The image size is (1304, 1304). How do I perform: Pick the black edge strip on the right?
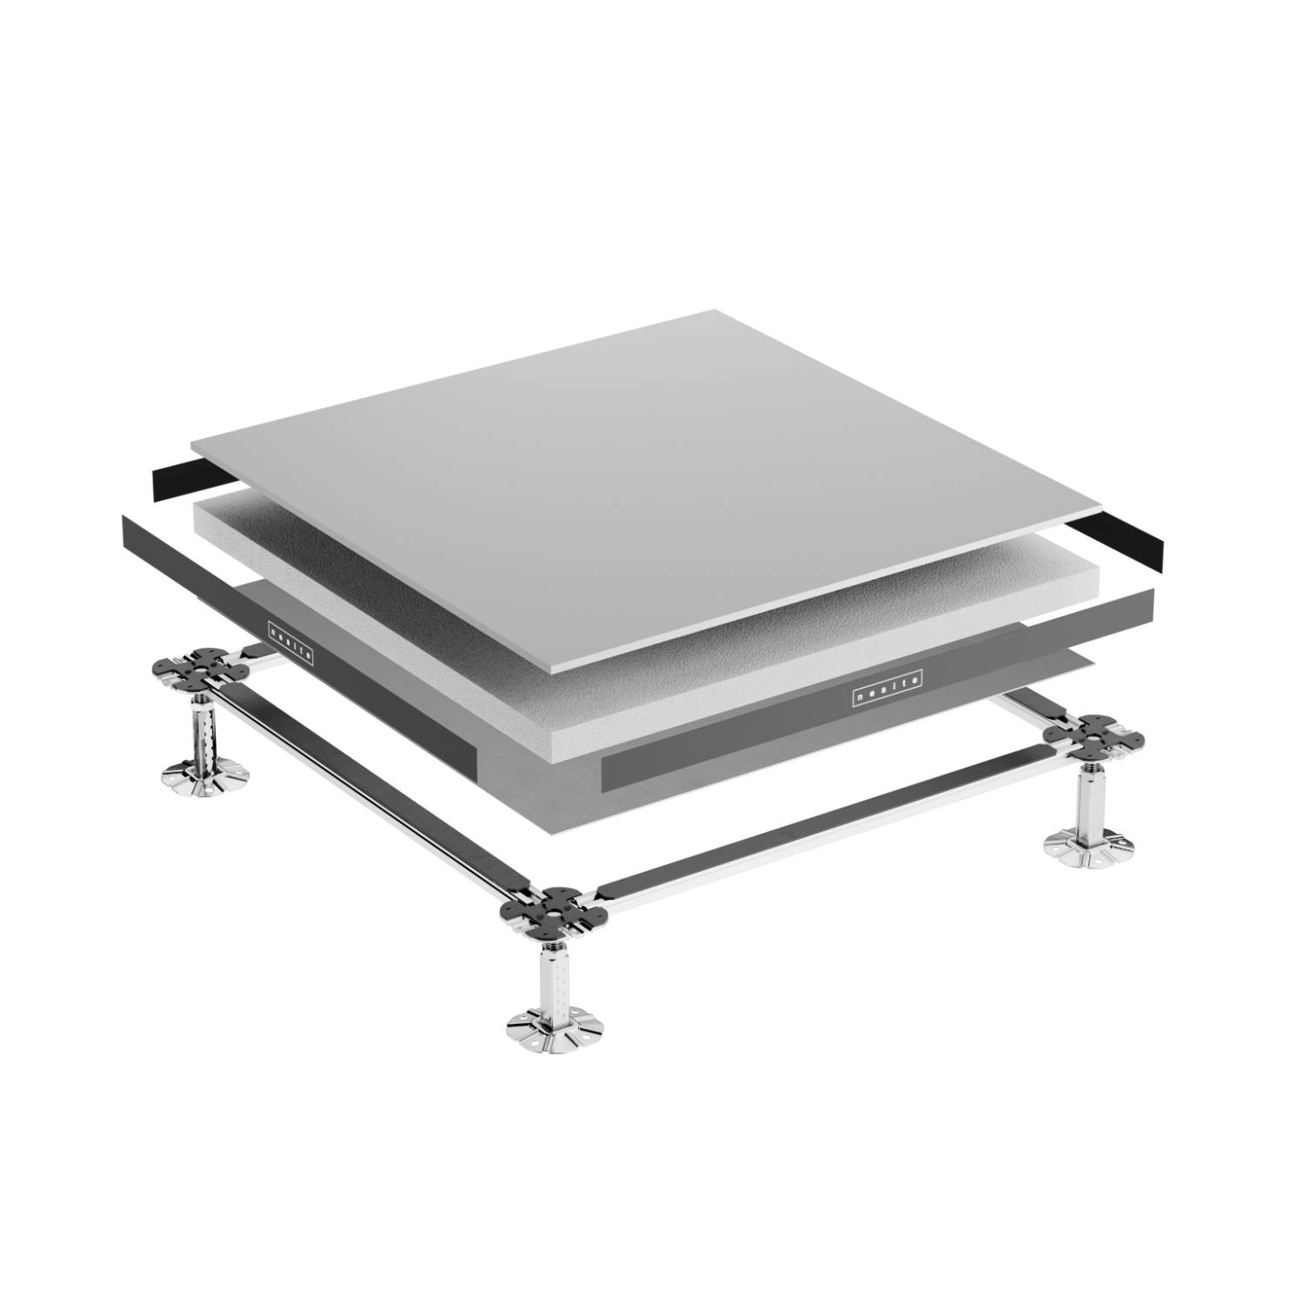(1121, 541)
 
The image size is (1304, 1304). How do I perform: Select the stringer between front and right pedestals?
(817, 828)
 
